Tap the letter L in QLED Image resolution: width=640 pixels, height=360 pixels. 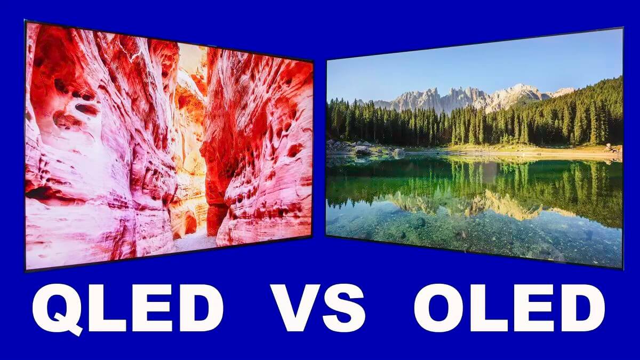tap(106, 308)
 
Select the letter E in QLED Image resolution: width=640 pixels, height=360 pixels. tap(149, 308)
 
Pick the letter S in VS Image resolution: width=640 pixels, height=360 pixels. tap(343, 308)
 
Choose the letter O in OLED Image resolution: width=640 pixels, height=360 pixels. tap(439, 308)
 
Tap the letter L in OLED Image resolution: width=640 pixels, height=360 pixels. tap(487, 308)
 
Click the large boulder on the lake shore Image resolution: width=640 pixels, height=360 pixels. tap(362, 150)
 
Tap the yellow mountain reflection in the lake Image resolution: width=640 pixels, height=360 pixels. tap(469, 206)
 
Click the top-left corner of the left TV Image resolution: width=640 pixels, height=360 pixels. tap(25, 21)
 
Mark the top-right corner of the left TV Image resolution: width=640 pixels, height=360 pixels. tap(313, 61)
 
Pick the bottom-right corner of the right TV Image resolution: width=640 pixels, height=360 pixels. tap(622, 269)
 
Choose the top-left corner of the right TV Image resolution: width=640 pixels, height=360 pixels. tap(326, 60)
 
